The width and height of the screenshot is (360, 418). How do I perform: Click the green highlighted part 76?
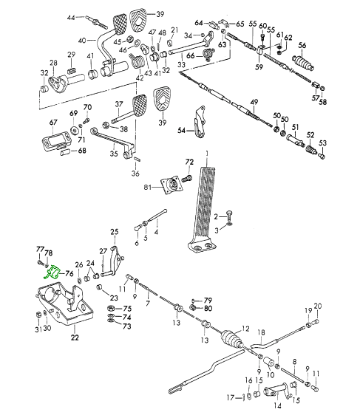click(x=52, y=273)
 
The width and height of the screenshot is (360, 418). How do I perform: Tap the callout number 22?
click(x=75, y=338)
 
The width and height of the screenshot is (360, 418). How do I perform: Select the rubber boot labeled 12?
click(x=231, y=338)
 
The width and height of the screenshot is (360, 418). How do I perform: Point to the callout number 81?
click(x=148, y=188)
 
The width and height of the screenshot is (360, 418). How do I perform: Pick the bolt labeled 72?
click(x=187, y=178)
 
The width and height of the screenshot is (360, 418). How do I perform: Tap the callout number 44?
click(x=71, y=18)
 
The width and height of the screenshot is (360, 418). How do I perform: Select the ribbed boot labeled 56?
click(x=303, y=62)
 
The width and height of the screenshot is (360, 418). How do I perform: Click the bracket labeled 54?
click(x=200, y=122)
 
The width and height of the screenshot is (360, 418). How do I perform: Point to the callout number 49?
click(x=254, y=102)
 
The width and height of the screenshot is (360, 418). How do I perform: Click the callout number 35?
click(x=114, y=154)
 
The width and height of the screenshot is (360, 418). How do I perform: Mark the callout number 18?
click(x=262, y=332)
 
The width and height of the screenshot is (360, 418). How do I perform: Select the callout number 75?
click(x=127, y=309)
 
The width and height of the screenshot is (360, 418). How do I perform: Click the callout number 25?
click(x=115, y=232)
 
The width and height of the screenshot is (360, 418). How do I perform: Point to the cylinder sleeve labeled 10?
click(x=268, y=363)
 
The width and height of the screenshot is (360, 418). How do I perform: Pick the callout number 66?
click(x=191, y=55)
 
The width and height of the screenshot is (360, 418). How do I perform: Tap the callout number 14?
click(x=277, y=405)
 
